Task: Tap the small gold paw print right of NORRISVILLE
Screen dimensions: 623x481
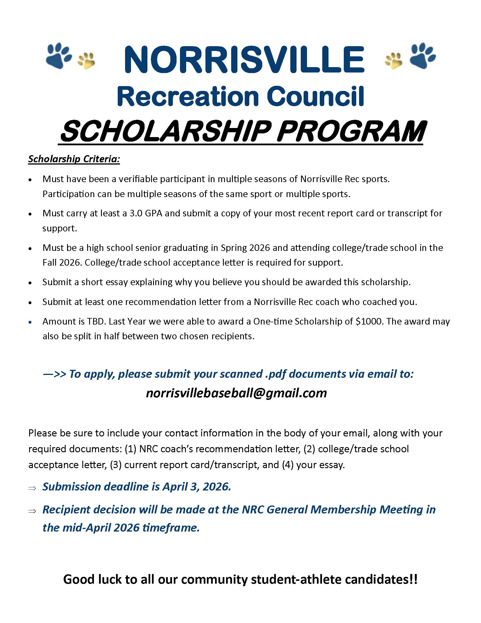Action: (393, 60)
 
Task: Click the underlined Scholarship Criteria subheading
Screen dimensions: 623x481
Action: (74, 159)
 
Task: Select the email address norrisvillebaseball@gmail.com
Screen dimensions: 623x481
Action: (236, 393)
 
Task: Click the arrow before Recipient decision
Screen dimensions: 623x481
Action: (32, 511)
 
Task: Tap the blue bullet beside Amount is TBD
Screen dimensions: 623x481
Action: (30, 322)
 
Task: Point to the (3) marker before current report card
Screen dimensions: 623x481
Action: (116, 465)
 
